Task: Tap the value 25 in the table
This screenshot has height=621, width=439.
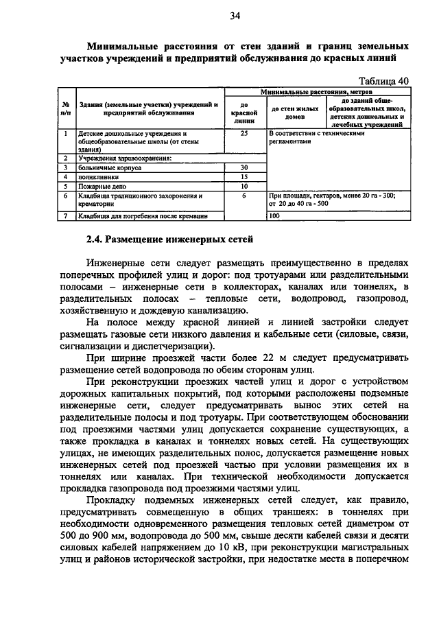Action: pyautogui.click(x=244, y=133)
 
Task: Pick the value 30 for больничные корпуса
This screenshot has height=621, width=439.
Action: pyautogui.click(x=244, y=167)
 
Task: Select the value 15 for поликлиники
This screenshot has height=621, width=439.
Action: pyautogui.click(x=244, y=176)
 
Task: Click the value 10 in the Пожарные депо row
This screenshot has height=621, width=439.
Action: pyautogui.click(x=244, y=185)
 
